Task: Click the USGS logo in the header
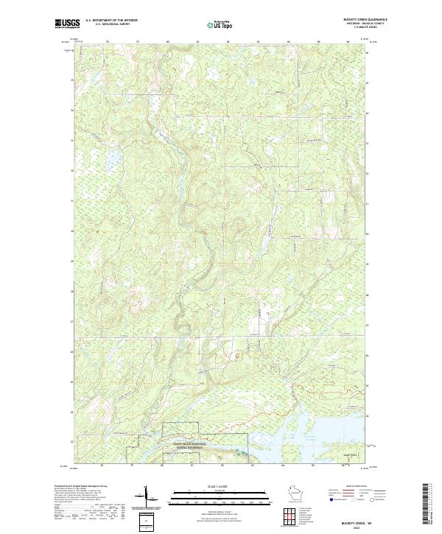[x=68, y=23]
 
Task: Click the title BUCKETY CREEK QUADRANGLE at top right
[x=365, y=19]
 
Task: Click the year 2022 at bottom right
[x=366, y=526]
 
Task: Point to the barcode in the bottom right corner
[x=425, y=505]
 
